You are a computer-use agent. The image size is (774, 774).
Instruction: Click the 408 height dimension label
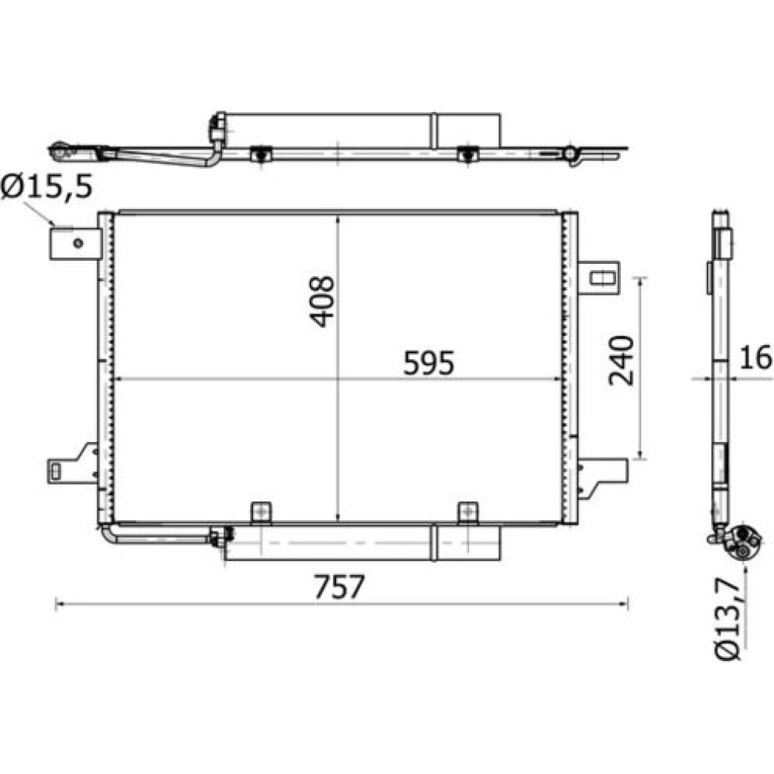click(x=322, y=301)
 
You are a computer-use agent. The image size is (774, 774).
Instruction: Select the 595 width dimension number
click(x=429, y=363)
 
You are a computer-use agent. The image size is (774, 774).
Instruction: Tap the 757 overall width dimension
click(x=340, y=587)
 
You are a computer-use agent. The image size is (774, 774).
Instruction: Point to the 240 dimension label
click(x=621, y=361)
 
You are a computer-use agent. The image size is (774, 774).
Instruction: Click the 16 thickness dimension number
click(x=755, y=358)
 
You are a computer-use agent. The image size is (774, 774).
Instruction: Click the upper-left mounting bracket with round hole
click(x=76, y=243)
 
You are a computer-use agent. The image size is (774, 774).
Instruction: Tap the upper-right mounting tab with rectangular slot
click(x=598, y=278)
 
